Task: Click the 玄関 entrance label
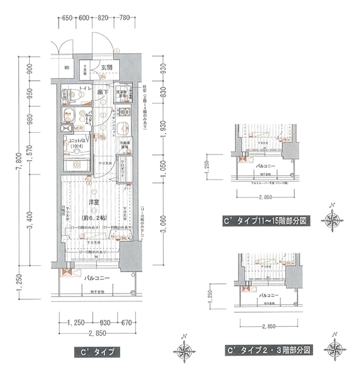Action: click(x=106, y=67)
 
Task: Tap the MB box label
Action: click(x=68, y=68)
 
